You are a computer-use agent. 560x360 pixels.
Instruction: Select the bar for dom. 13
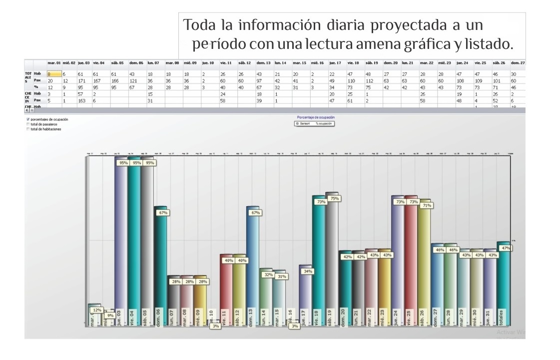coord(253,265)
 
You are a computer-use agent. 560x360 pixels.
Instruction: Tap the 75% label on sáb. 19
coord(335,199)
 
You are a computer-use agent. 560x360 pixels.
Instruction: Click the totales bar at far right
coord(503,285)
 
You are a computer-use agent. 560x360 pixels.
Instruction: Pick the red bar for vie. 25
coord(411,265)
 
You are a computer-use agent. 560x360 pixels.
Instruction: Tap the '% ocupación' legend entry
coord(324,123)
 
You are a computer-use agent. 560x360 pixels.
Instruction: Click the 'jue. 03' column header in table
coord(83,63)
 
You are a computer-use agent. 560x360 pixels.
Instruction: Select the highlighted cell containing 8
coord(54,73)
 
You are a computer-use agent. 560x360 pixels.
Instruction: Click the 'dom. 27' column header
coord(518,63)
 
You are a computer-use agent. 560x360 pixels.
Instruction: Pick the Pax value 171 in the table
coord(81,79)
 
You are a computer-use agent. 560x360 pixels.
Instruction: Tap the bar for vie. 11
coord(226,290)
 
